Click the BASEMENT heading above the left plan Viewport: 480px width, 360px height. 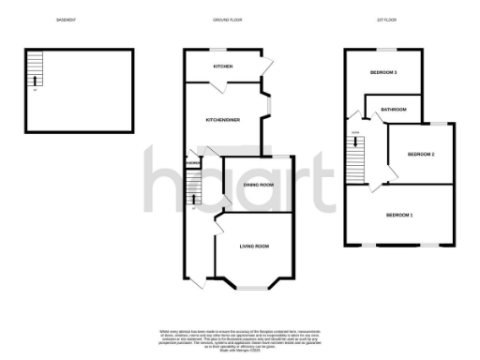[x=66, y=19]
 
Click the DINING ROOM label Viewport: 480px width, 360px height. [x=259, y=185]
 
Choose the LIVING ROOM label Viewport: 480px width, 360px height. [x=255, y=246]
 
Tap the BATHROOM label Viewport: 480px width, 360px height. [x=394, y=111]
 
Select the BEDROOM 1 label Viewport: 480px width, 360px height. [x=399, y=215]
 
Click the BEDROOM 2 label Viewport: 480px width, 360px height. [x=421, y=154]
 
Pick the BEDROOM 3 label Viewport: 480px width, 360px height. [x=383, y=72]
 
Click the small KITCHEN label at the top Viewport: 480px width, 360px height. [x=222, y=67]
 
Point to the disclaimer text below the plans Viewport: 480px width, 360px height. [x=240, y=337]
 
